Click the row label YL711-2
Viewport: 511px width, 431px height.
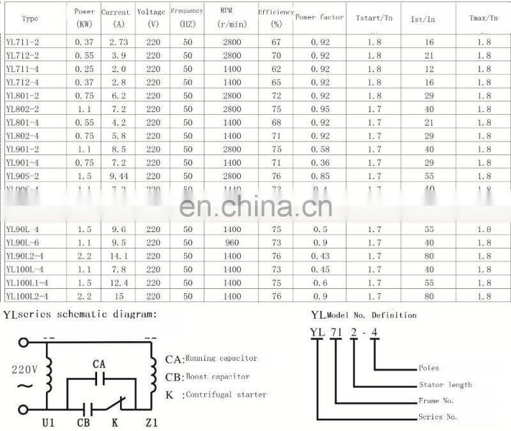[x=22, y=42]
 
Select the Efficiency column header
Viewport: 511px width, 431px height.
[x=276, y=17]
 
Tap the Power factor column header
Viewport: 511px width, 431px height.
[x=319, y=17]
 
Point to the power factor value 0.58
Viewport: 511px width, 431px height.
[x=320, y=149]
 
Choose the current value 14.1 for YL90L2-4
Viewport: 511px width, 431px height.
[x=119, y=256]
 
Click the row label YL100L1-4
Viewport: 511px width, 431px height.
[x=27, y=282]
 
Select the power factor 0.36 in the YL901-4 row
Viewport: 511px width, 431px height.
[x=320, y=163]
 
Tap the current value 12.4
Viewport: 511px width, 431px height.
[x=119, y=282]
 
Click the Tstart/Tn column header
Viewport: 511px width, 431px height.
[x=374, y=18]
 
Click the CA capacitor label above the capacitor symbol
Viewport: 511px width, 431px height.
[x=99, y=364]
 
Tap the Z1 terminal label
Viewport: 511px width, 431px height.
[x=151, y=422]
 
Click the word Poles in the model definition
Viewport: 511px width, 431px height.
[x=429, y=368]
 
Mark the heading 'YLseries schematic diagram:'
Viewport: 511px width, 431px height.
[x=80, y=314]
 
